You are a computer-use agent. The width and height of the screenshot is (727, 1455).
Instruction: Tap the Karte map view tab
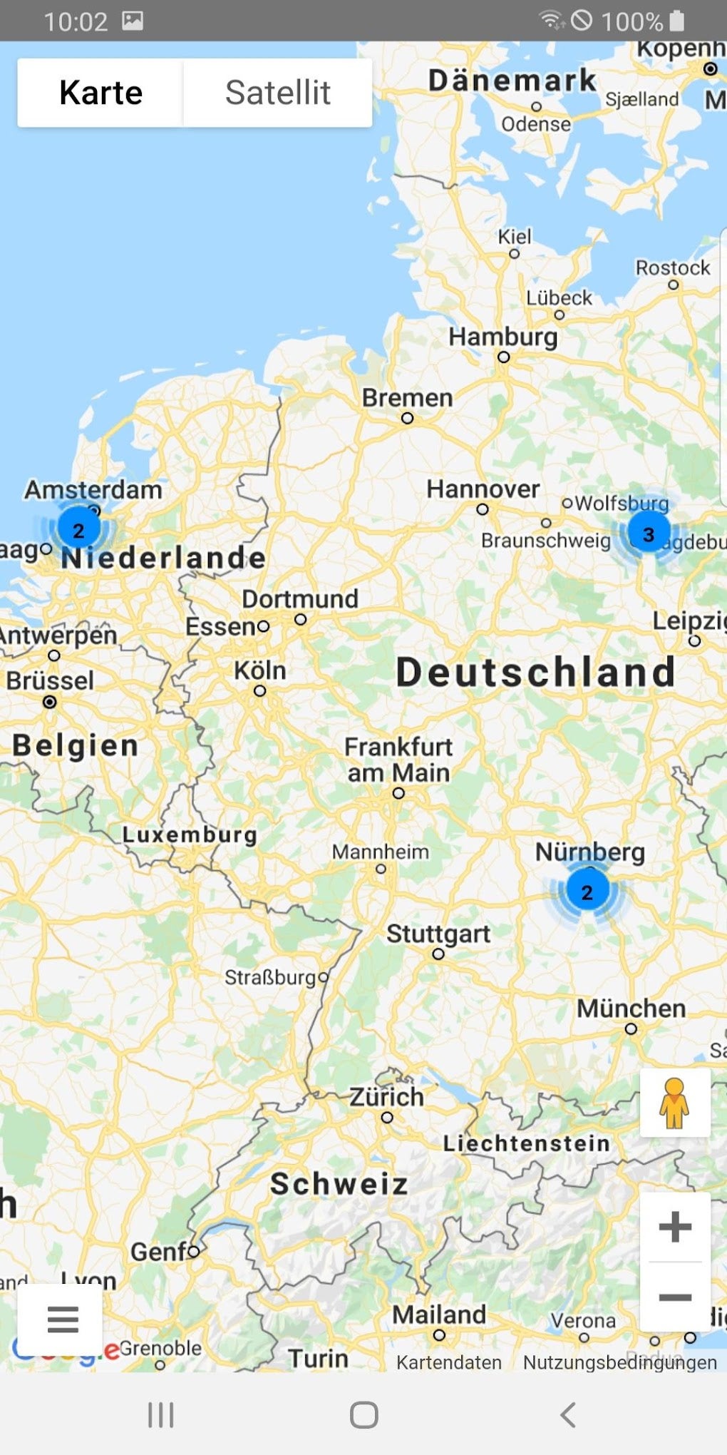(x=100, y=93)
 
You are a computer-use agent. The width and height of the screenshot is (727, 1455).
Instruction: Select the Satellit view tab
(x=277, y=93)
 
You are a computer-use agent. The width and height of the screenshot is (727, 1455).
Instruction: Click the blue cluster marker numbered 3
(x=649, y=533)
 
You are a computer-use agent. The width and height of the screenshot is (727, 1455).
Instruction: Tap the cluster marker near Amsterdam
(x=78, y=529)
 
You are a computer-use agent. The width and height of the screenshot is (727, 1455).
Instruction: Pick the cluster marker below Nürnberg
(x=587, y=892)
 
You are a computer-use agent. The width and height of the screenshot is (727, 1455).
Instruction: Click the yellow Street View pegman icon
(x=674, y=1102)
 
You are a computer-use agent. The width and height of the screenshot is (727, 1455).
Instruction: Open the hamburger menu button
(x=63, y=1319)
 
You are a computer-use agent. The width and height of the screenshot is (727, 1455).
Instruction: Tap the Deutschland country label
(x=535, y=672)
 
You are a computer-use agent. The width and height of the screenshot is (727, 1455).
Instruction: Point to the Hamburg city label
(x=502, y=337)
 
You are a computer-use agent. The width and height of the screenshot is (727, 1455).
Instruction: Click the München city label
(x=631, y=1009)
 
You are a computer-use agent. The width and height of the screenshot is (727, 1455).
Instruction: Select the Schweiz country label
(x=339, y=1184)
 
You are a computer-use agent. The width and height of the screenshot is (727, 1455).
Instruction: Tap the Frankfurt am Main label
(x=398, y=760)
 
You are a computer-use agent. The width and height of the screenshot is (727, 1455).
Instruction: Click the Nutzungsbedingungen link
(x=619, y=1362)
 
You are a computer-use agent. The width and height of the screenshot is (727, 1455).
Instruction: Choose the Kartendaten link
(x=448, y=1362)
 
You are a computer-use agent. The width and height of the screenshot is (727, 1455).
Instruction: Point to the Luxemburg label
(x=190, y=834)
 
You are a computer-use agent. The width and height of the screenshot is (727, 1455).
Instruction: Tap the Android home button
(x=363, y=1415)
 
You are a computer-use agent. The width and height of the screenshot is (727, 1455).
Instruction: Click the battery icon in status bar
(x=677, y=21)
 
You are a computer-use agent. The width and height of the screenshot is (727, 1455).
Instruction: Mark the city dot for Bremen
(x=407, y=418)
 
